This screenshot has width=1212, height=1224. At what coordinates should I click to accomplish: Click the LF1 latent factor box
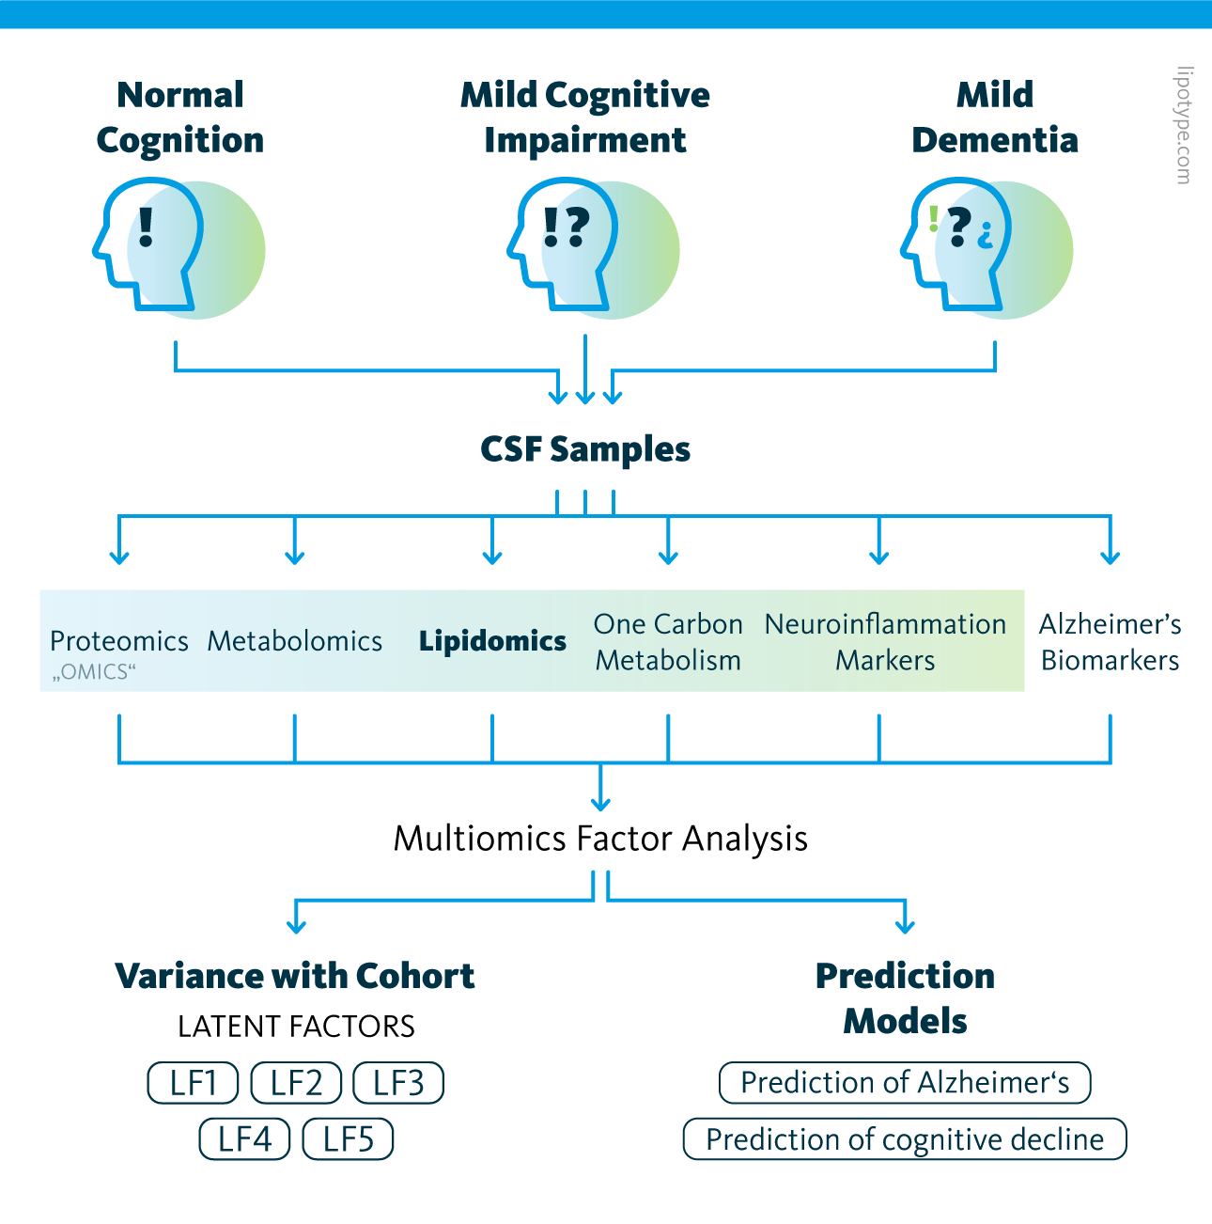pyautogui.click(x=193, y=1083)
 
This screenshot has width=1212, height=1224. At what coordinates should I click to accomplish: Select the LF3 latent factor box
pyautogui.click(x=398, y=1083)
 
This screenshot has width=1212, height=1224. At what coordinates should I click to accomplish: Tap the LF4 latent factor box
pyautogui.click(x=244, y=1139)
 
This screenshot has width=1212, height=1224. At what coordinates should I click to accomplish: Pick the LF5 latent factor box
pyautogui.click(x=348, y=1139)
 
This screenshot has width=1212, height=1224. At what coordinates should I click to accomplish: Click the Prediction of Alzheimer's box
pyautogui.click(x=905, y=1083)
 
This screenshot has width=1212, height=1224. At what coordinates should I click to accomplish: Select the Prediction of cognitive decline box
pyautogui.click(x=905, y=1139)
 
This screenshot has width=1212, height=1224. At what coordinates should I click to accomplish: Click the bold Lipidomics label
pyautogui.click(x=492, y=641)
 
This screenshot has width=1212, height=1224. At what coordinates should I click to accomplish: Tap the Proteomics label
pyautogui.click(x=119, y=641)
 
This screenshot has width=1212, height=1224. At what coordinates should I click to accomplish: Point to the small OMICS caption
pyautogui.click(x=94, y=672)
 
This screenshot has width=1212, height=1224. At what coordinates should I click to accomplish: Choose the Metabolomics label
pyautogui.click(x=295, y=641)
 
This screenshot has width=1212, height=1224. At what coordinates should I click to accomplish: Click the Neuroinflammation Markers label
pyautogui.click(x=885, y=642)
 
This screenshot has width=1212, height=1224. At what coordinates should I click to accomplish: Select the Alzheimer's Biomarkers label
pyautogui.click(x=1110, y=642)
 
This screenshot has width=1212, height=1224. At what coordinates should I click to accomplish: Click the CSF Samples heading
pyautogui.click(x=585, y=449)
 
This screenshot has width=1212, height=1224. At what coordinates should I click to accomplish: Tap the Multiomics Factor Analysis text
pyautogui.click(x=600, y=839)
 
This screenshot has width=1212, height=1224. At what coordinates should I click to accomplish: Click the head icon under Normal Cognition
pyautogui.click(x=150, y=246)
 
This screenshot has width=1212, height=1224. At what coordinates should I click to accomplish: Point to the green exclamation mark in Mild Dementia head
pyautogui.click(x=933, y=219)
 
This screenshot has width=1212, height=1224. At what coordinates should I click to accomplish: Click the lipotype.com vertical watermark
pyautogui.click(x=1184, y=125)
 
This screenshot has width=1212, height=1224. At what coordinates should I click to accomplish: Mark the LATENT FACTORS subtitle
pyautogui.click(x=296, y=1027)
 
